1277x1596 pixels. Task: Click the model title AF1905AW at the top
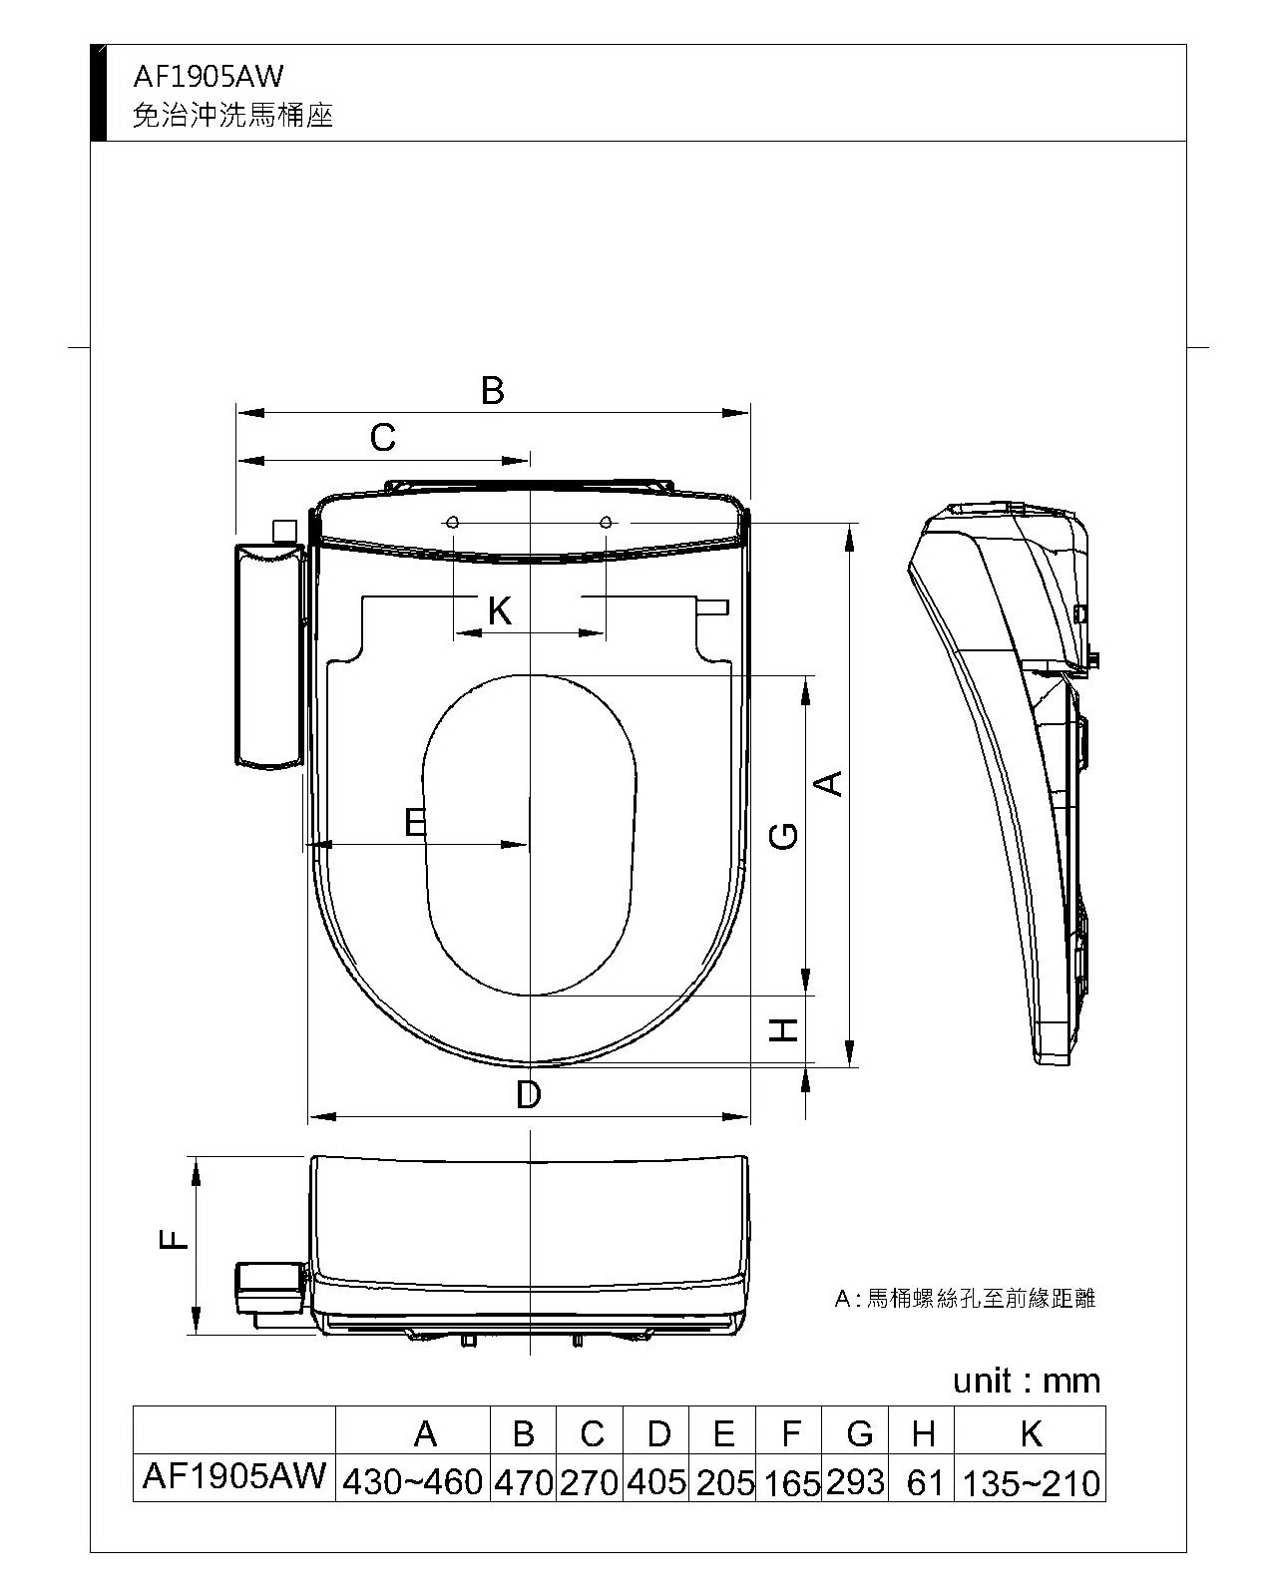point(208,77)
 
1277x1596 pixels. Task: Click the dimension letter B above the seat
point(493,390)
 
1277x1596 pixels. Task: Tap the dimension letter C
point(383,438)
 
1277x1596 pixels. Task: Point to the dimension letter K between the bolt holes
point(500,611)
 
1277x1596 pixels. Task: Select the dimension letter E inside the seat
point(416,822)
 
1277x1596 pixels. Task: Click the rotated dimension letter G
point(783,835)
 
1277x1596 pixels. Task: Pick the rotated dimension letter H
point(783,1030)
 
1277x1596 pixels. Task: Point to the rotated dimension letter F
point(174,1239)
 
